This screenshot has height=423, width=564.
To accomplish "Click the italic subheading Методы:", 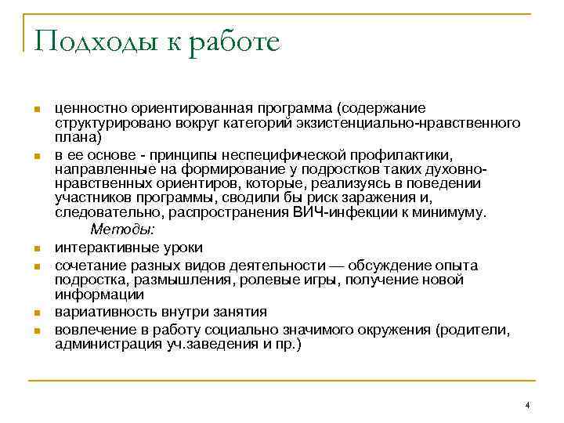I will tap(123, 230).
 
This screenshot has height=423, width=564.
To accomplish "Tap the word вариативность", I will tap(99, 312).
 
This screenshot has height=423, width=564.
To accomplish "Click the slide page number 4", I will tap(528, 404).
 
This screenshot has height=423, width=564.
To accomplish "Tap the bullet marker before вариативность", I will tap(37, 313).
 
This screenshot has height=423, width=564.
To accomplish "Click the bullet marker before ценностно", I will tap(37, 109).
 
